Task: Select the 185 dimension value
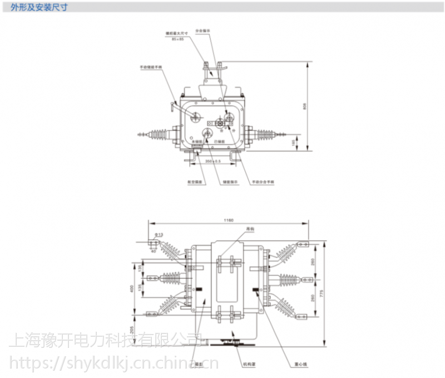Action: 294,143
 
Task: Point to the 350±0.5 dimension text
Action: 212,161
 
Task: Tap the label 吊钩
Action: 250,229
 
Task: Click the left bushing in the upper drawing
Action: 157,135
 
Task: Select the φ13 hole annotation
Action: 159,235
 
